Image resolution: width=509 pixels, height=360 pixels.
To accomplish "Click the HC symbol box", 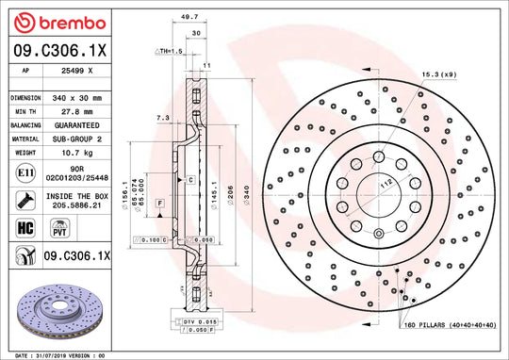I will pyautogui.click(x=24, y=227).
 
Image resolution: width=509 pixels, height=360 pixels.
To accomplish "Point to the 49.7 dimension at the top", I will pyautogui.click(x=189, y=16).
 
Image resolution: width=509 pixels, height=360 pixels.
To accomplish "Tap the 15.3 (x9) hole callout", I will pyautogui.click(x=438, y=74).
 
